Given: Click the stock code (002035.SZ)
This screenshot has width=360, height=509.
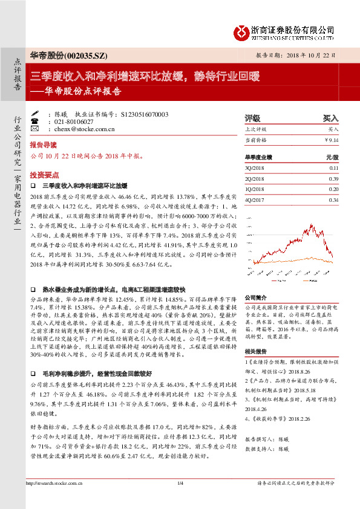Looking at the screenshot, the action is point(85,55).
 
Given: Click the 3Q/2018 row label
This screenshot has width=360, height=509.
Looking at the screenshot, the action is point(255,168).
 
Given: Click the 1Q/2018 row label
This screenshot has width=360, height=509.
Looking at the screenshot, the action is point(255,189).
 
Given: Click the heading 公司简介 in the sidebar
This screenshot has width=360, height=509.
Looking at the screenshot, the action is point(255,298).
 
